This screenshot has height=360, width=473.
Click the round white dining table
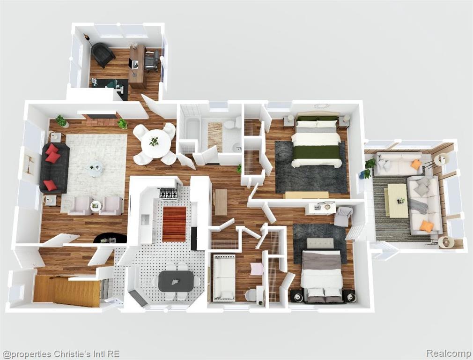pos(155,143)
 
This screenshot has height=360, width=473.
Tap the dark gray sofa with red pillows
pos(54,168)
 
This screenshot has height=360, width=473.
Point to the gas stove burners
pos(169,193)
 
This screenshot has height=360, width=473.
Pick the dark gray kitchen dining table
pos(176,281)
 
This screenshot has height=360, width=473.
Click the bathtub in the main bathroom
pos(192,130)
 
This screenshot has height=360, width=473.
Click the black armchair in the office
pos(102,54)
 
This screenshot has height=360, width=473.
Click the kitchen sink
pos(145,220)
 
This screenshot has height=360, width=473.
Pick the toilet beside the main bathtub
pos(232,124)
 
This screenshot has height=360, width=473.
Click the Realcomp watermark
pos(449,353)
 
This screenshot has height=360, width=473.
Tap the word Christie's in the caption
pos(68,354)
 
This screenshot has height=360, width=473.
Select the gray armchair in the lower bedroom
pos(344,216)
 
